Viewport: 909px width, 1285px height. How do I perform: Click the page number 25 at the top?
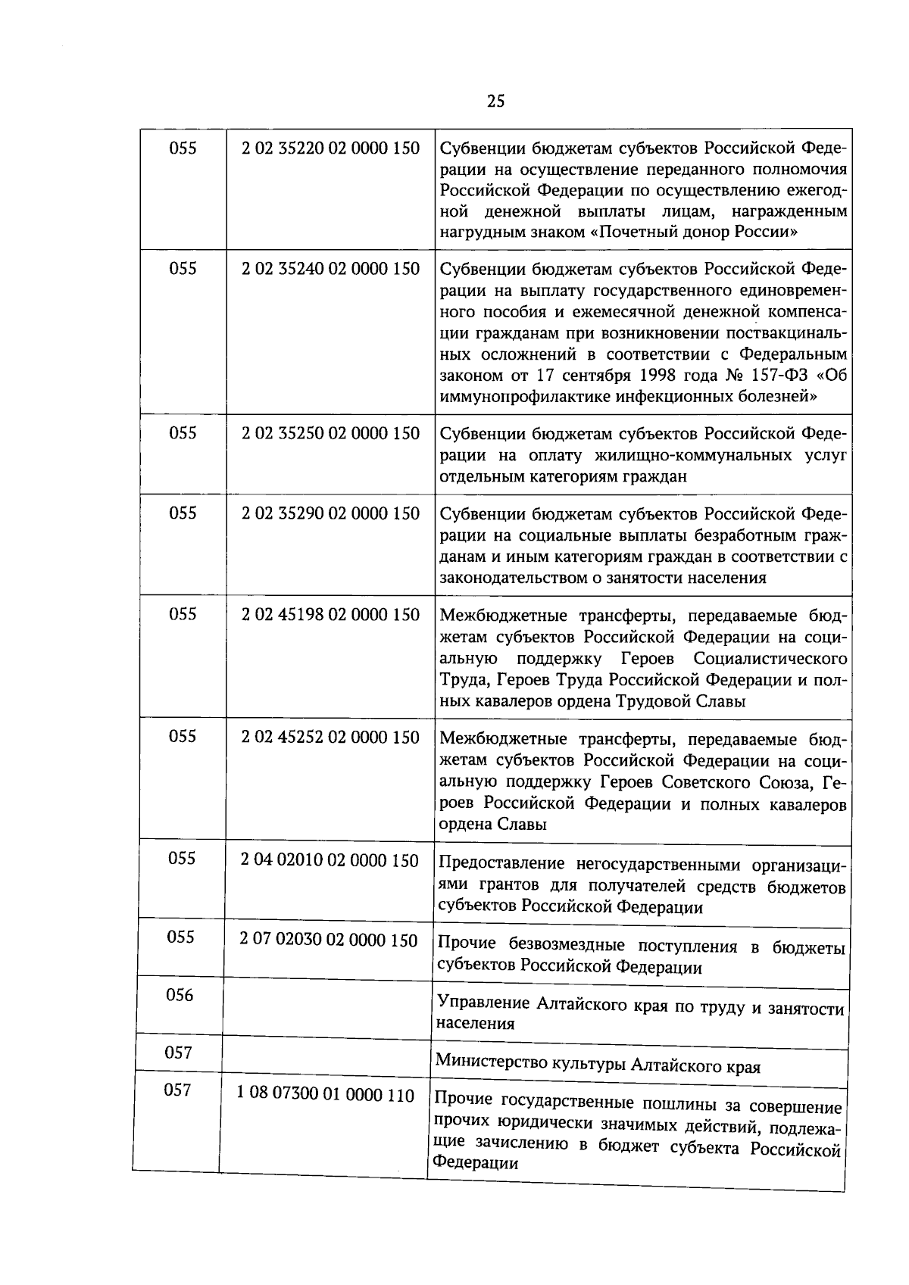point(495,101)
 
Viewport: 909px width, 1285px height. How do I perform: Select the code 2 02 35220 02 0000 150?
point(330,148)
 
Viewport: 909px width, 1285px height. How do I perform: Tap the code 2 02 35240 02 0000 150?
point(330,269)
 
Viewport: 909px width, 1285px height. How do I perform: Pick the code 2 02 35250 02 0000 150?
point(330,433)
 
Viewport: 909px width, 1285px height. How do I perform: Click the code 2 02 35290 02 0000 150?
point(330,513)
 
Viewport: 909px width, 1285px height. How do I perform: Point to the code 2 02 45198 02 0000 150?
point(330,615)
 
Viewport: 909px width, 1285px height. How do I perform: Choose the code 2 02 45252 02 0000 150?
point(330,737)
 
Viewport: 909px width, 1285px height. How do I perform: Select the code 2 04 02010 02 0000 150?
point(330,860)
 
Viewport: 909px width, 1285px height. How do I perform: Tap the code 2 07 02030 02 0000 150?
point(329,940)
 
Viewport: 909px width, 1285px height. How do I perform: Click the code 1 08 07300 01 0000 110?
point(326,1095)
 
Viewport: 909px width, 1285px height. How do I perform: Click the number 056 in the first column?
point(180,995)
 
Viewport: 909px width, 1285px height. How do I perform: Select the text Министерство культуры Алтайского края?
point(598,1065)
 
